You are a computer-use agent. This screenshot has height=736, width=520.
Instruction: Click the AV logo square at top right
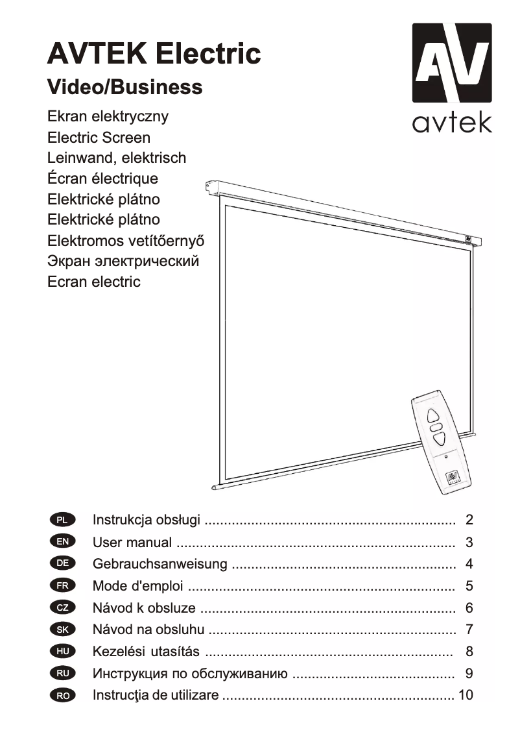point(452,63)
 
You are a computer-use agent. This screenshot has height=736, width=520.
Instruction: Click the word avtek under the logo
point(452,121)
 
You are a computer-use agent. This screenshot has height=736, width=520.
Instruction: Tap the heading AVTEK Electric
point(154,53)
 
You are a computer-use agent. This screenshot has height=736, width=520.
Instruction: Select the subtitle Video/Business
point(124,87)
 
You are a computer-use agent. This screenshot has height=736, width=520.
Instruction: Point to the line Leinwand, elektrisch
point(117,158)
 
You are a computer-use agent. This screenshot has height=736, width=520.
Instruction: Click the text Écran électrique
point(102,178)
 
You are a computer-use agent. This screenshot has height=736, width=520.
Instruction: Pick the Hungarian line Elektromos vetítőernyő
point(126,241)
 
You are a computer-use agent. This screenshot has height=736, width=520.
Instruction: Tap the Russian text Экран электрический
point(123,262)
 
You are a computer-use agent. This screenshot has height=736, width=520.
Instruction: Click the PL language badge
point(62,520)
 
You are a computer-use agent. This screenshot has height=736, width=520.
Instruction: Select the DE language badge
point(62,563)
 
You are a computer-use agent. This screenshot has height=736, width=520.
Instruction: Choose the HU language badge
point(62,651)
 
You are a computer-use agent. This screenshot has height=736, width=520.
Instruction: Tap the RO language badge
point(62,695)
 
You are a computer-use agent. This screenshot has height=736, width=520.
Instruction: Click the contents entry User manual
point(132,542)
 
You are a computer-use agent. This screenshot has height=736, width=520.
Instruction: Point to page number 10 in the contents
point(466,695)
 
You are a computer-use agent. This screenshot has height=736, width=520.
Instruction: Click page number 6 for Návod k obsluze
point(469,608)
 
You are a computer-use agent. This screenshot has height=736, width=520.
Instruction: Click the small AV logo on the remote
point(453,478)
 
